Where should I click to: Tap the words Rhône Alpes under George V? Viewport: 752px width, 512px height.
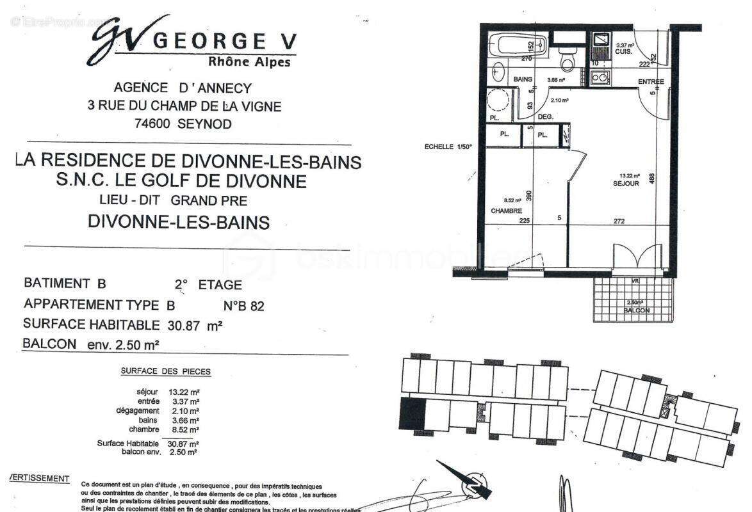coord(249,62)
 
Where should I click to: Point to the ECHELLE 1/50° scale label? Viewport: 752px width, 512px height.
coord(448,147)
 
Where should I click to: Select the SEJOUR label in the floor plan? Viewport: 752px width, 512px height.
coord(626,184)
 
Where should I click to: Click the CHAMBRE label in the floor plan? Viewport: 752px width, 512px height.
coord(507,211)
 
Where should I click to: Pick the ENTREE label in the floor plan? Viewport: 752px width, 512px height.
coord(651,82)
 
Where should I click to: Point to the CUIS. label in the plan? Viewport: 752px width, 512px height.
coord(624,51)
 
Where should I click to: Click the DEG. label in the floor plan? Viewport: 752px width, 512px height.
coord(545,117)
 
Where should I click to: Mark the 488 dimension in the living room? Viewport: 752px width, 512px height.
coord(652,179)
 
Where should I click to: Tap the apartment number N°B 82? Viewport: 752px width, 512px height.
coord(243,306)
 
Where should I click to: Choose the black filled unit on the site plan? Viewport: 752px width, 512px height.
coord(413,413)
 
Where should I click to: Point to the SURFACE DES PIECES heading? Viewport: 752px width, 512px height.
coord(165,371)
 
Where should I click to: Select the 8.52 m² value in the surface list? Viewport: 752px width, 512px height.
coord(183,429)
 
